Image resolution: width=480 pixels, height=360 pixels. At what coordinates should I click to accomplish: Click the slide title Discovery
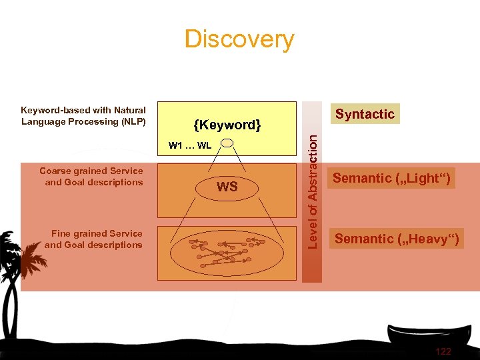239,39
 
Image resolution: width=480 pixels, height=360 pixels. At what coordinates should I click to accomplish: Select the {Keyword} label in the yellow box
227,125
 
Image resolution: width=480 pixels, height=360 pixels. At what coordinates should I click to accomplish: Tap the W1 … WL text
190,145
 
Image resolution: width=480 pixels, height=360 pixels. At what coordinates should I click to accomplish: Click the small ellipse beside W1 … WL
227,143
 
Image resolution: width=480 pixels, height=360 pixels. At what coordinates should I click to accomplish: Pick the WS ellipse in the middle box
227,187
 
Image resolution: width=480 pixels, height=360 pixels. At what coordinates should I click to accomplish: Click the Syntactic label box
365,114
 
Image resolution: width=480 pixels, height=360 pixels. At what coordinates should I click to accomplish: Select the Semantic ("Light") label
391,178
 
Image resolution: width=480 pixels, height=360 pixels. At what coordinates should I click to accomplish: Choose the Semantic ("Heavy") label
396,239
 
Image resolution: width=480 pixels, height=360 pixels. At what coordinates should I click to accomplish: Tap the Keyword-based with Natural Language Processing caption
83,115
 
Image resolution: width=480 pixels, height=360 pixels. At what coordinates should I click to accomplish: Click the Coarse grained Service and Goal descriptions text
91,177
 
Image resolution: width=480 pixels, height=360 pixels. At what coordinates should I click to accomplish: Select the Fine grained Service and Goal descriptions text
93,239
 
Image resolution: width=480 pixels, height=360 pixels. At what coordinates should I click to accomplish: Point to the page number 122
443,351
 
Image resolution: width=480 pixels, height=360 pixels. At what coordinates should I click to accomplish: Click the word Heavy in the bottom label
429,239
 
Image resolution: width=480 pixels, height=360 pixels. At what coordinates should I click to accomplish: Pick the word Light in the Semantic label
424,178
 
